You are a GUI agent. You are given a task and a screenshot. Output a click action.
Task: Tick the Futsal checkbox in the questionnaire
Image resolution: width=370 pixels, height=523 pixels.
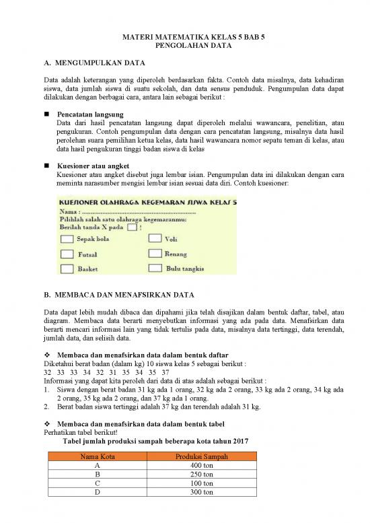click(67, 254)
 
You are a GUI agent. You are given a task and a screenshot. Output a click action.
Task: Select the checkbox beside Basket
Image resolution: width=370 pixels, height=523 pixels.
click(67, 269)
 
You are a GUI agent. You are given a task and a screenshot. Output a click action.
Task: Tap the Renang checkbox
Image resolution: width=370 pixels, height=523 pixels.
click(153, 254)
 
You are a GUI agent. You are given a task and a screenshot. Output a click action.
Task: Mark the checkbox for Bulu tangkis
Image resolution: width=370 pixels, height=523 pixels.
click(153, 269)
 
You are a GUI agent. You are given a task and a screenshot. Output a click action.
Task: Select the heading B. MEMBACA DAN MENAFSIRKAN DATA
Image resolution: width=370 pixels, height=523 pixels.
click(118, 295)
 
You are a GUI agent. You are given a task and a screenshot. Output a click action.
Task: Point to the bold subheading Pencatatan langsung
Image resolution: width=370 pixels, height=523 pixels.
click(90, 114)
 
